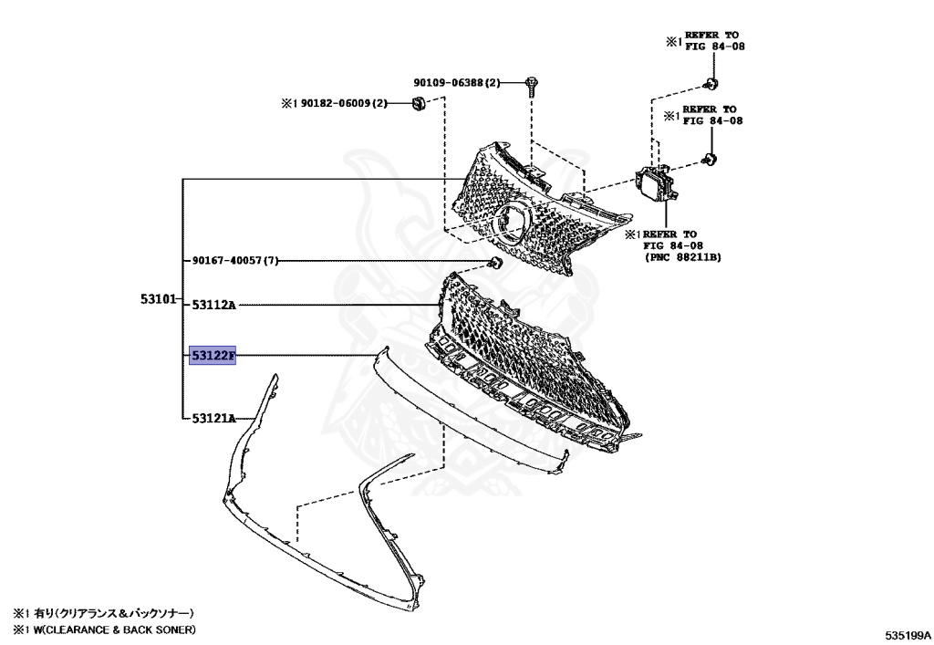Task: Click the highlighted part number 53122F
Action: [212, 355]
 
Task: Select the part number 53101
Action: [157, 298]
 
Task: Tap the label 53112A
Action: [213, 305]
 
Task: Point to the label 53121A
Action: [213, 418]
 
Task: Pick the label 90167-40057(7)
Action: [233, 261]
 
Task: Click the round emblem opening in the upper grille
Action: [512, 224]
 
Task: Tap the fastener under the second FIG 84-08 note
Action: [711, 161]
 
